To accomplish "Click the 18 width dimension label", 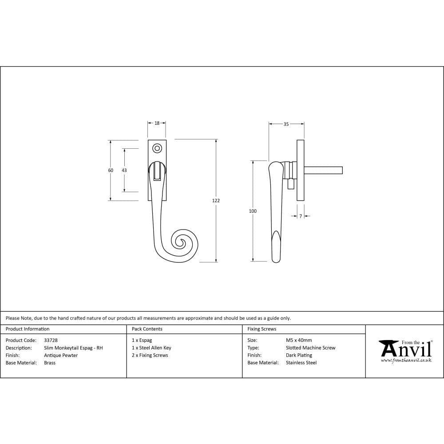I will [157, 123].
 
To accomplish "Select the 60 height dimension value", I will [111, 170].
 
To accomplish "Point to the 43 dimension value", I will [124, 170].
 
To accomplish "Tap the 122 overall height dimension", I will [216, 201].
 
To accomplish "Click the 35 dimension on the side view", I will [286, 124].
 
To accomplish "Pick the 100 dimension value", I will [253, 211].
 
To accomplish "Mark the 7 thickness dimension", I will [301, 216].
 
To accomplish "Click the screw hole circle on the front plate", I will [157, 148].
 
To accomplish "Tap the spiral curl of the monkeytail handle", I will [182, 243].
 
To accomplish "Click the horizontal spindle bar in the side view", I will [323, 170].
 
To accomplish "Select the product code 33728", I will [51, 341].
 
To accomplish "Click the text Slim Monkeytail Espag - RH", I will [73, 348].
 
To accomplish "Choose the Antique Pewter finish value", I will [61, 355].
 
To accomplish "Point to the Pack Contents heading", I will [147, 329].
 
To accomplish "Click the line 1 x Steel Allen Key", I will [151, 348].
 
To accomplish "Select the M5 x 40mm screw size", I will [299, 341].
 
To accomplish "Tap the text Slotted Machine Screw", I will [310, 348].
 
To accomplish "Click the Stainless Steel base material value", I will [301, 363].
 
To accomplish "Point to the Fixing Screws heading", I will [262, 329].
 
